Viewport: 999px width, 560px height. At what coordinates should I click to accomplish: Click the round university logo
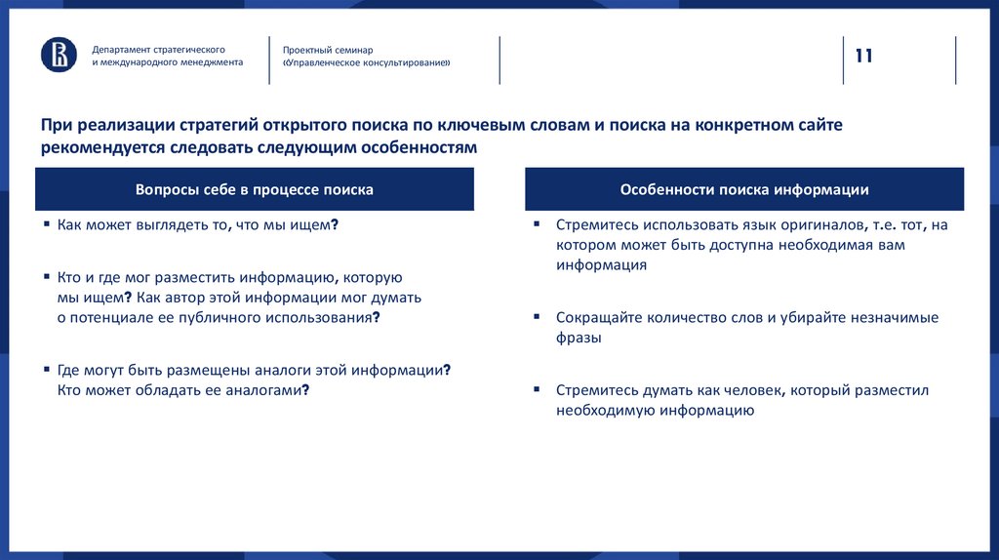pos(59,55)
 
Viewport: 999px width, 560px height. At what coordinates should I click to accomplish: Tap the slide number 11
pos(864,56)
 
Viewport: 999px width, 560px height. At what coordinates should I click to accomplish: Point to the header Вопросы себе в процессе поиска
pos(255,189)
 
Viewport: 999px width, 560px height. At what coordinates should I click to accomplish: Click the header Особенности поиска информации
pos(744,189)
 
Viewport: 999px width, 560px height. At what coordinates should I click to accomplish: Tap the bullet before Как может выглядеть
pos(47,223)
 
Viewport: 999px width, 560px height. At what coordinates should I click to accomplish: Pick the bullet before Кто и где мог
pos(47,276)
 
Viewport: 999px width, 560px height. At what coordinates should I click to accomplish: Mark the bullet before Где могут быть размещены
pos(47,370)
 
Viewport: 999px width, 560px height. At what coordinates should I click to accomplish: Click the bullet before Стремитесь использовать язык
pos(537,223)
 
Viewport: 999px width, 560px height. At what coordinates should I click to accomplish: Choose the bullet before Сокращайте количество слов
pos(537,317)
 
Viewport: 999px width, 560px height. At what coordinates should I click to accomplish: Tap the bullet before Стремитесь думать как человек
pos(537,389)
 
